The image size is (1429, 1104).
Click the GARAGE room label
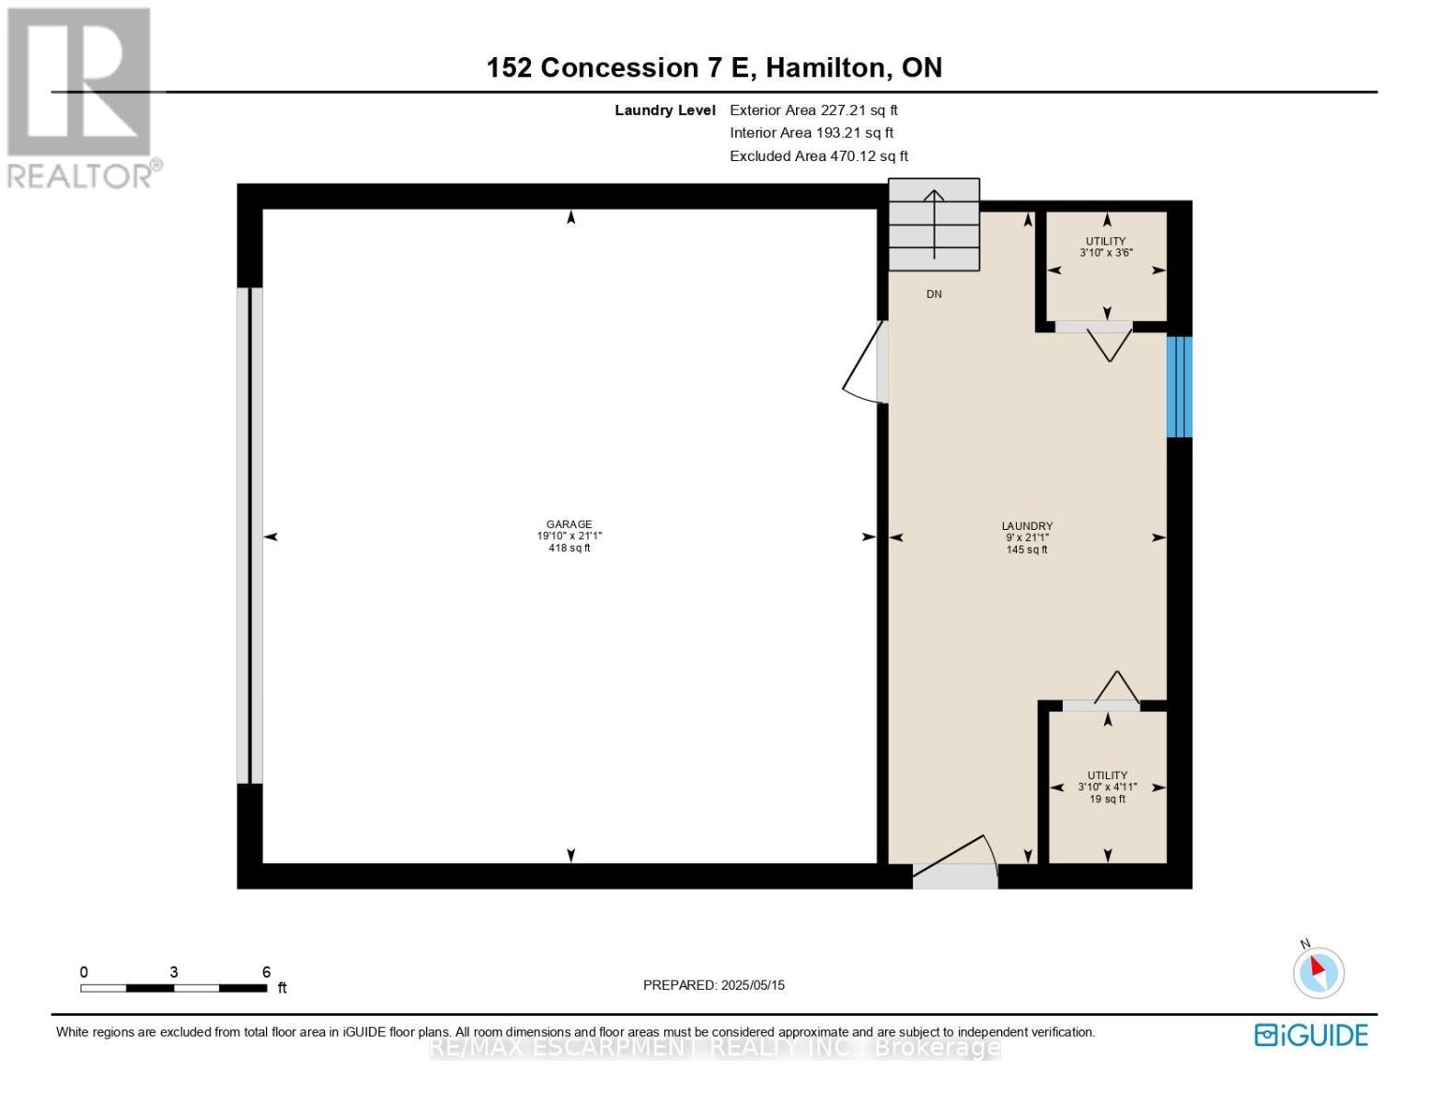click(x=569, y=524)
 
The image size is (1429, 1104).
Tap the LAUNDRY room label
click(x=1027, y=526)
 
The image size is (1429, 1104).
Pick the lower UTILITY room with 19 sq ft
click(x=1107, y=788)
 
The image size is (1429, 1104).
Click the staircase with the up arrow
click(x=934, y=225)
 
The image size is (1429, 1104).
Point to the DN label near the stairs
click(x=934, y=294)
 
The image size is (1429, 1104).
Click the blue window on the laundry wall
click(x=1179, y=386)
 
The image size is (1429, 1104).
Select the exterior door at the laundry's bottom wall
click(x=954, y=869)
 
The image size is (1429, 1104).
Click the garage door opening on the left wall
click(x=249, y=535)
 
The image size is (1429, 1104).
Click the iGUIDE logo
click(x=1310, y=1035)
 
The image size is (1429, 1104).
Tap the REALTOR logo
click(x=81, y=97)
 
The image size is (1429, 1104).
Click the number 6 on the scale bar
click(x=266, y=972)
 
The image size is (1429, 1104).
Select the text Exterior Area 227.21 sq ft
click(x=813, y=110)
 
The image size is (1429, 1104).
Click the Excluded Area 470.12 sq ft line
click(x=818, y=156)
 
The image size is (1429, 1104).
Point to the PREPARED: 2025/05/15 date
click(x=713, y=985)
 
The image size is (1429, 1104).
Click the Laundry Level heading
click(x=664, y=110)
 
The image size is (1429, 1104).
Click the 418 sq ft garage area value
click(x=569, y=548)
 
